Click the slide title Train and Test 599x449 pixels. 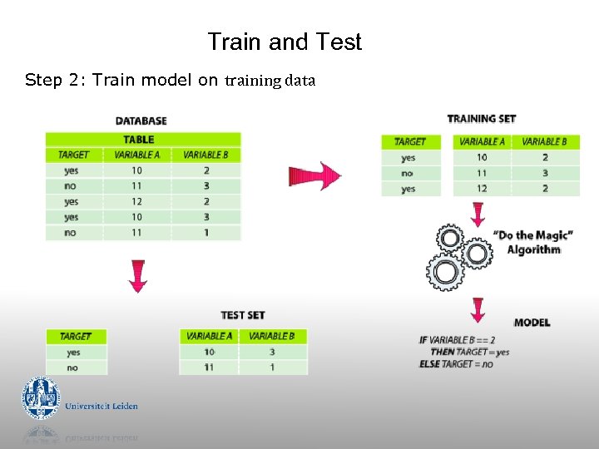click(285, 42)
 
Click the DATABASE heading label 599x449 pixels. click(141, 121)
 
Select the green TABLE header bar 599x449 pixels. click(142, 139)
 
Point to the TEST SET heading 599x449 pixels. click(242, 315)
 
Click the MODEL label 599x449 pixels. click(532, 322)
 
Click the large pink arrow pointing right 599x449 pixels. click(314, 176)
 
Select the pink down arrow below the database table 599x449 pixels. click(138, 275)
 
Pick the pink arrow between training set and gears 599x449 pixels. click(478, 212)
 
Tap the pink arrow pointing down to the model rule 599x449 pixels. click(478, 309)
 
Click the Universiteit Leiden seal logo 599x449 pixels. click(41, 398)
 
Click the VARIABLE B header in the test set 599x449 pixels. click(272, 336)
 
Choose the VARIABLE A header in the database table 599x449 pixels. click(136, 155)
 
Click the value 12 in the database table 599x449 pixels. click(136, 201)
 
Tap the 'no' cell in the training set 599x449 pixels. click(408, 173)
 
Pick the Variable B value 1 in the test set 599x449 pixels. click(272, 367)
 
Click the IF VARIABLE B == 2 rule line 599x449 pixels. click(458, 340)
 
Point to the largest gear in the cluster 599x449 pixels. click(445, 272)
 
